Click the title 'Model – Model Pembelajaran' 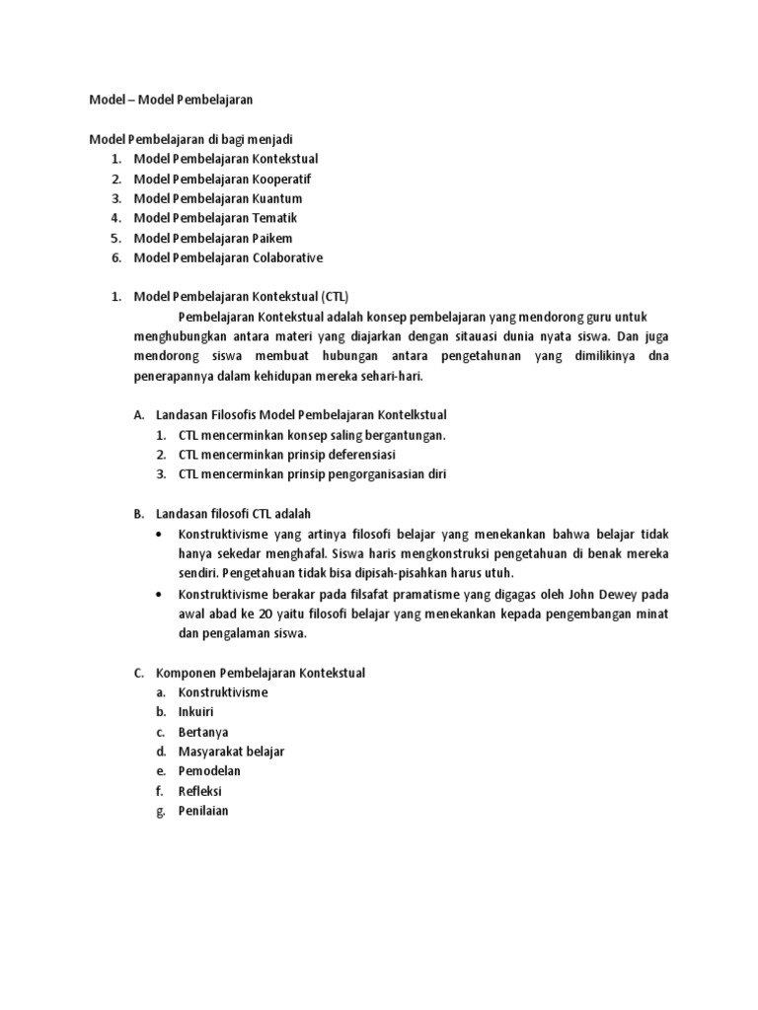pos(173,100)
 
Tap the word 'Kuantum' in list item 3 pos(276,198)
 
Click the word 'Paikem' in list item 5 pos(272,238)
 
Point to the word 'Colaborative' pos(287,257)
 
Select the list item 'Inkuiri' pos(196,711)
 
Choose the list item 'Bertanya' pos(203,731)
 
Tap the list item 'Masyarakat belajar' pos(231,752)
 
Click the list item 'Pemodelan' pos(209,770)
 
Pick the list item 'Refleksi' pos(200,791)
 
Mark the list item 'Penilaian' pos(203,811)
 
